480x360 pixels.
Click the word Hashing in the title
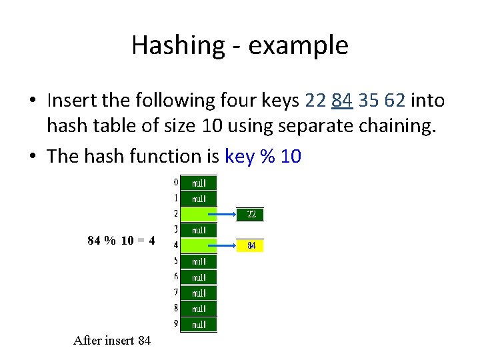coord(169,45)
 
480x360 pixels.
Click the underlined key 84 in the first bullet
coord(341,101)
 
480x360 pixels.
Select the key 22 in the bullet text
coord(315,101)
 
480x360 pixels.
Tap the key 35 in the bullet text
coord(369,101)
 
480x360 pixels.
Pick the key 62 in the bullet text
coord(395,101)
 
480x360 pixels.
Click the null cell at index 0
coord(199,183)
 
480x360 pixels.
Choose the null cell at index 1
coord(199,198)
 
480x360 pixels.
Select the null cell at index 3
coord(199,230)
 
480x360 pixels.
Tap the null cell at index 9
coord(199,325)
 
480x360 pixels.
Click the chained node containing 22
coord(251,214)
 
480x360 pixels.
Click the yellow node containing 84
coord(251,246)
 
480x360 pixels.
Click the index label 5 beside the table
coord(176,261)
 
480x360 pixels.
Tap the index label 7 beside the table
coord(176,292)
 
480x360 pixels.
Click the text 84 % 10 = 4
coord(121,241)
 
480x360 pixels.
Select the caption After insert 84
coord(112,341)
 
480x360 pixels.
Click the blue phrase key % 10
coord(263,156)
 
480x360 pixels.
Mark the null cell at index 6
coord(199,277)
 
